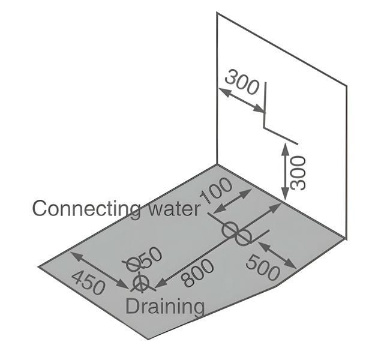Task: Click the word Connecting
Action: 86,209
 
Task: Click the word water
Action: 175,209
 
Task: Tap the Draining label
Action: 165,307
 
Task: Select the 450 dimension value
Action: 89,283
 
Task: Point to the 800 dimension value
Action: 198,273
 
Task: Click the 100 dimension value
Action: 216,191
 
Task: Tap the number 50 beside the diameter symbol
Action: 150,257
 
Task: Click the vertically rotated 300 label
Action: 298,173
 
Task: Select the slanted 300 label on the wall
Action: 242,82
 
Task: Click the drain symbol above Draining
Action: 141,283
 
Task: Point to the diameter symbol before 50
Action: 133,264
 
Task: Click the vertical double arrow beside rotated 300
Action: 285,172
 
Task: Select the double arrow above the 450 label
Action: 100,270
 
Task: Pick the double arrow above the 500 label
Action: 277,255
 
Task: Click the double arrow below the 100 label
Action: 233,201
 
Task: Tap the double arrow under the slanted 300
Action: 242,101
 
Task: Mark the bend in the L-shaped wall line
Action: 265,127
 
